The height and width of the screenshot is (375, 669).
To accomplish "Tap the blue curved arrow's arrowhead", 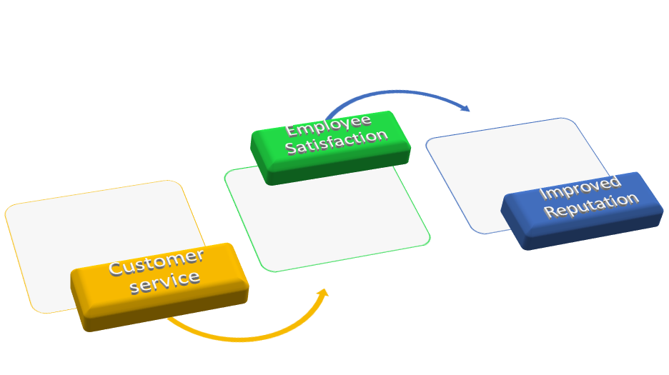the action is (465, 109).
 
